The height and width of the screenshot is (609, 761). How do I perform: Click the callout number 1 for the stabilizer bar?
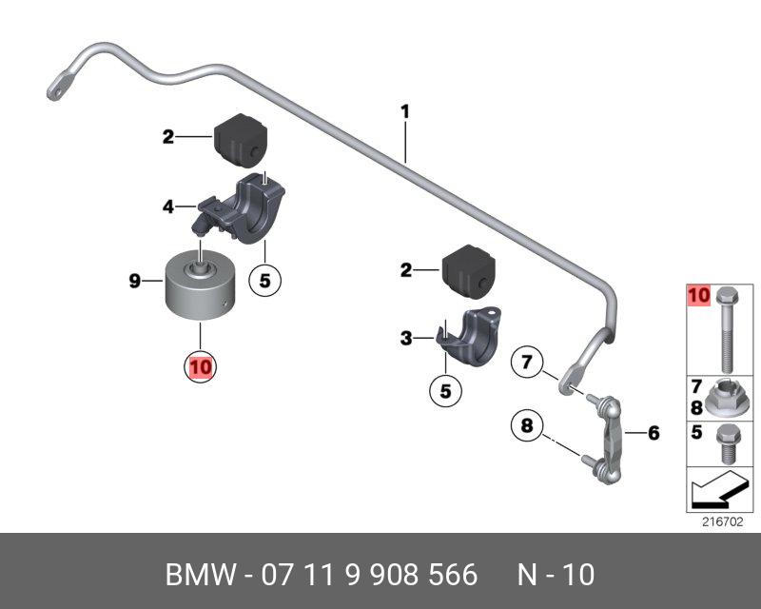click(x=404, y=112)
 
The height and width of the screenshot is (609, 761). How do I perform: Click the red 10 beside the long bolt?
click(x=698, y=297)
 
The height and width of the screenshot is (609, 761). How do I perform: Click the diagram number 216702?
click(x=723, y=521)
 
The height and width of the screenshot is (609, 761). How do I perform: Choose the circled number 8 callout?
click(x=525, y=425)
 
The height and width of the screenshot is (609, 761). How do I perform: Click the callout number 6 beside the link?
click(x=654, y=434)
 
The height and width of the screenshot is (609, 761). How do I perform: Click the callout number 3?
click(x=406, y=338)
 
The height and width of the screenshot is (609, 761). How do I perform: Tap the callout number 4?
click(x=168, y=205)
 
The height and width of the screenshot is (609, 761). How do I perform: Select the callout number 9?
click(x=134, y=281)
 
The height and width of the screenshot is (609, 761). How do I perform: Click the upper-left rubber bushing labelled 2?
click(x=240, y=139)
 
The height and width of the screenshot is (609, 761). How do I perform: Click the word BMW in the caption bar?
click(x=196, y=575)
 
